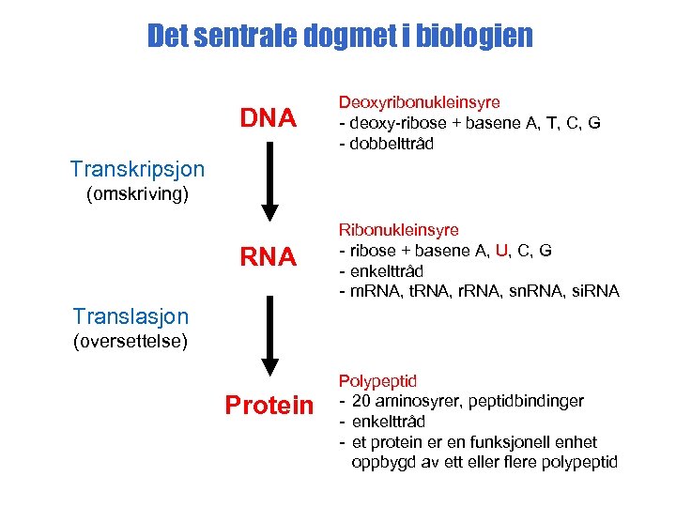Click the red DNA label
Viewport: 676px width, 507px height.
point(269,118)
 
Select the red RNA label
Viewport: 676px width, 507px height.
point(269,256)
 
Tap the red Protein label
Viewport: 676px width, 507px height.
point(269,405)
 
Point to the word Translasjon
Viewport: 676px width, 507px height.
point(131,317)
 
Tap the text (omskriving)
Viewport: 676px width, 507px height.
point(137,194)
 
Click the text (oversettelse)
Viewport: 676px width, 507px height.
point(131,341)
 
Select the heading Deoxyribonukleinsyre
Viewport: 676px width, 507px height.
point(419,101)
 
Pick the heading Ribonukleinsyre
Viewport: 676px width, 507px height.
point(398,229)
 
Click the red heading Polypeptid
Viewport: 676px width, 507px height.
point(377,381)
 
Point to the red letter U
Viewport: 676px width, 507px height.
point(501,250)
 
